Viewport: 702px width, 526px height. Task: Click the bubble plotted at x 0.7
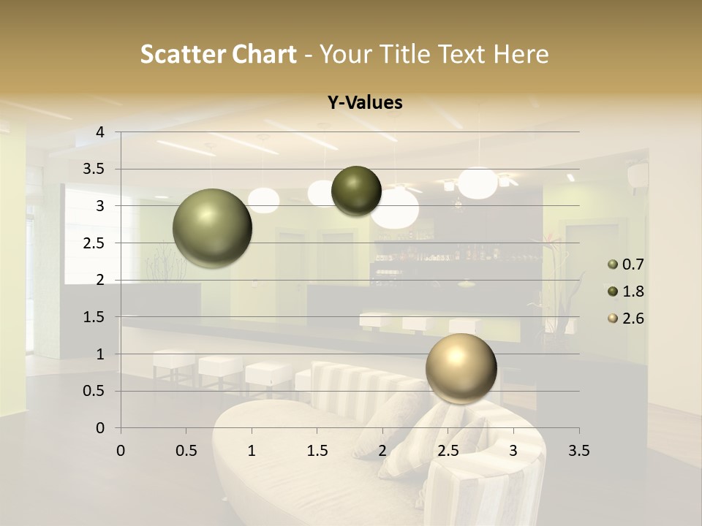212,228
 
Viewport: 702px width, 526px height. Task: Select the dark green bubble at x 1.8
356,191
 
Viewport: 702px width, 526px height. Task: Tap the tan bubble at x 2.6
461,368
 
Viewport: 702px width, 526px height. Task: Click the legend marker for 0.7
613,264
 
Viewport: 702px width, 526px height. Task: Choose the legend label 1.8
633,291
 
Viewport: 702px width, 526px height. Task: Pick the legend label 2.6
633,319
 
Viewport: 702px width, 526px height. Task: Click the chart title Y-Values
364,103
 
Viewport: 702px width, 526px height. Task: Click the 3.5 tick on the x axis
578,451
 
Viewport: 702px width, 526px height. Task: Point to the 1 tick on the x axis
252,451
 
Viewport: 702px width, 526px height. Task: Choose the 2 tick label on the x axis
382,451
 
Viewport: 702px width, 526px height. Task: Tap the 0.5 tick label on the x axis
186,451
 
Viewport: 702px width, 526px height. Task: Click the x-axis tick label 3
513,451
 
